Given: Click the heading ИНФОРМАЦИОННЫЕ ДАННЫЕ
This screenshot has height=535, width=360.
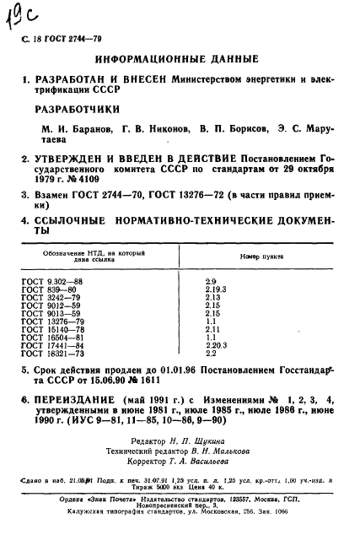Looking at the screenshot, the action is click(180, 62).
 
